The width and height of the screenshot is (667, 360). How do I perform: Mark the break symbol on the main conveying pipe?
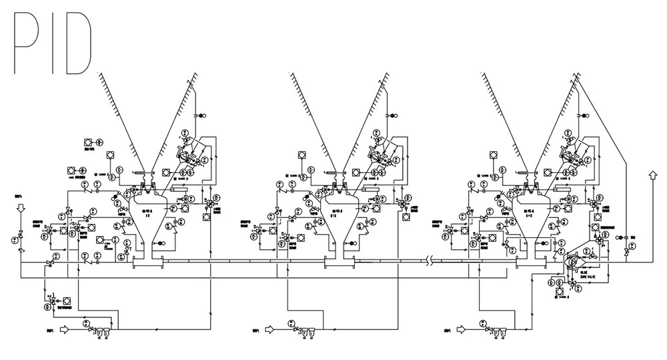tap(434, 261)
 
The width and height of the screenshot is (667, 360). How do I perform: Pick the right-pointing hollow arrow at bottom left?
tap(65, 329)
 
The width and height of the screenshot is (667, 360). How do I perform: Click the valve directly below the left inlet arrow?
tap(21, 235)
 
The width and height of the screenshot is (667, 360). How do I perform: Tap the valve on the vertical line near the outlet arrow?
tap(626, 252)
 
